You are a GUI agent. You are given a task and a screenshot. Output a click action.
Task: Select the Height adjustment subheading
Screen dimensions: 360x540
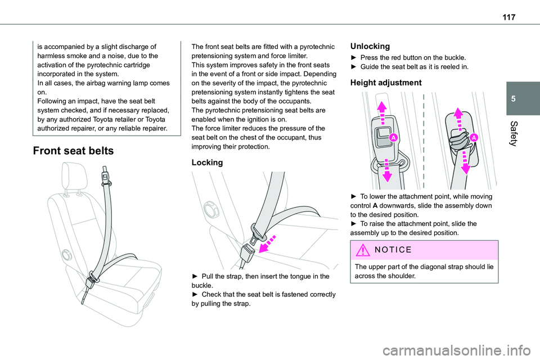(x=385, y=82)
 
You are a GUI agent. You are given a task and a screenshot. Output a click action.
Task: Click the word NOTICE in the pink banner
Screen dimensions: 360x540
(x=392, y=249)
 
